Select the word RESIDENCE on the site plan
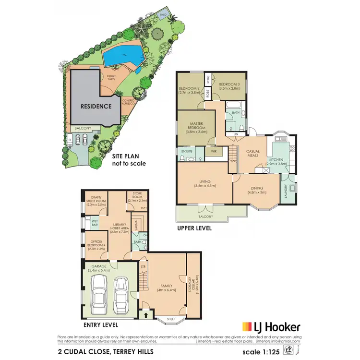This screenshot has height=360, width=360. (96, 106)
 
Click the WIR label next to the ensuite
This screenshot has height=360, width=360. (213, 151)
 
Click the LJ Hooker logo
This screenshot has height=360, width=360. (272, 327)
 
